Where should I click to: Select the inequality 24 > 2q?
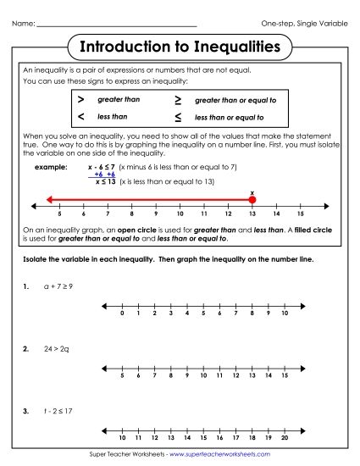pyautogui.click(x=57, y=348)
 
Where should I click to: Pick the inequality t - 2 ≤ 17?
pyautogui.click(x=58, y=412)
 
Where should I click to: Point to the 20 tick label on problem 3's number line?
pyautogui.click(x=285, y=438)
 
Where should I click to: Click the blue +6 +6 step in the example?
pyautogui.click(x=104, y=174)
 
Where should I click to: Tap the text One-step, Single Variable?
pyautogui.click(x=305, y=22)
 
